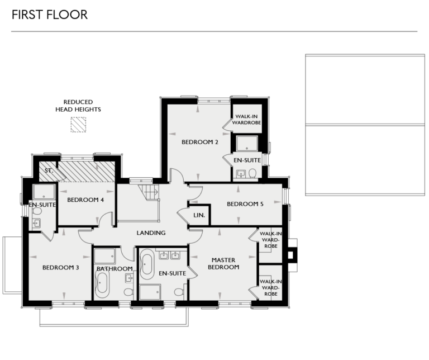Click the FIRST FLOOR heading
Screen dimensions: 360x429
(50, 15)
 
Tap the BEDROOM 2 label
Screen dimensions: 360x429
(199, 142)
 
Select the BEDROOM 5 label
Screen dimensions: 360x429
(245, 204)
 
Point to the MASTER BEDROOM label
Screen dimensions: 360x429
(223, 263)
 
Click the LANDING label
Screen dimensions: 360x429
(151, 233)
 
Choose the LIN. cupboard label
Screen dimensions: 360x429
(199, 215)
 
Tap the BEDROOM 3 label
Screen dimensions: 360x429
(60, 268)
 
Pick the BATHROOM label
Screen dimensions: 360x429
(115, 269)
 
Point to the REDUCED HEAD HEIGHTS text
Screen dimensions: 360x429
(78, 106)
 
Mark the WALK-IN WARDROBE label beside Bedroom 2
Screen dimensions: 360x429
(247, 119)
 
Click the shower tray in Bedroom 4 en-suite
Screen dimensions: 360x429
(44, 192)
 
